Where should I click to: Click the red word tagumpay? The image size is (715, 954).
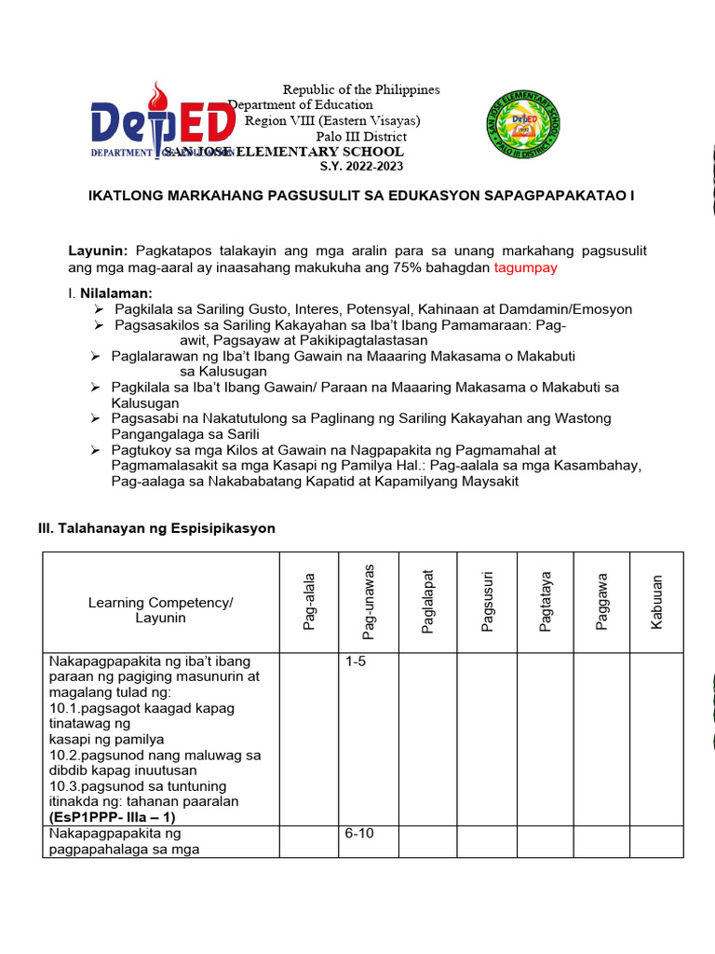click(x=525, y=268)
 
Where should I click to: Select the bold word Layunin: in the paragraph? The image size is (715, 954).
click(x=99, y=252)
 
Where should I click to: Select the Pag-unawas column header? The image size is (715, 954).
click(x=369, y=602)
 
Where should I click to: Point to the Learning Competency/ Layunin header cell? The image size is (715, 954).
click(x=160, y=610)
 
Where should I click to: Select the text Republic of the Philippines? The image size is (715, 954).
click(x=361, y=89)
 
